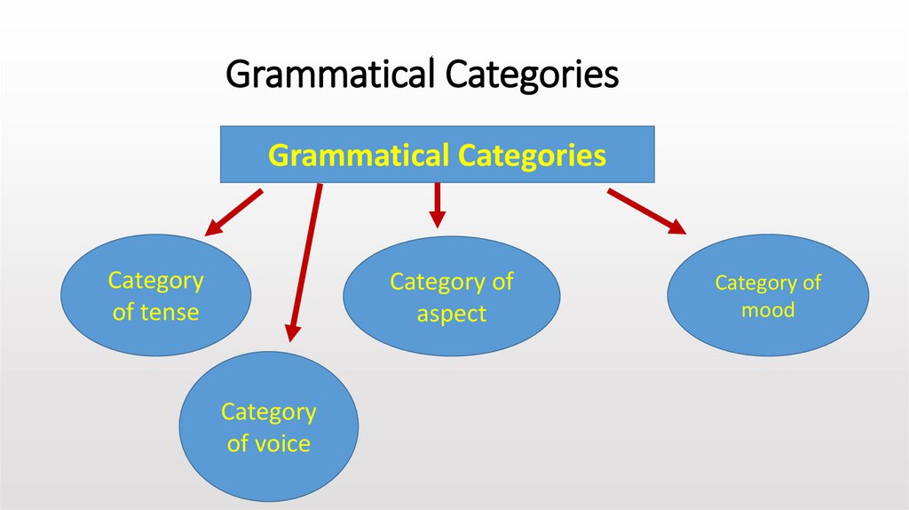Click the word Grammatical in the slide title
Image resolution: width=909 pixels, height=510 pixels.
pyautogui.click(x=332, y=75)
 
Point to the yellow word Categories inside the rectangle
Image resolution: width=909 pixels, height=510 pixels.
pyautogui.click(x=532, y=156)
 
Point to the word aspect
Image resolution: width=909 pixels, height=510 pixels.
pyautogui.click(x=452, y=314)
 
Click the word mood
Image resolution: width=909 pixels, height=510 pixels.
pyautogui.click(x=768, y=311)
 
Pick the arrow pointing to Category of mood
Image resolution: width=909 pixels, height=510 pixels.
pyautogui.click(x=646, y=211)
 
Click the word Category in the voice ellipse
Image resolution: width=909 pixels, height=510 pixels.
pyautogui.click(x=268, y=412)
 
